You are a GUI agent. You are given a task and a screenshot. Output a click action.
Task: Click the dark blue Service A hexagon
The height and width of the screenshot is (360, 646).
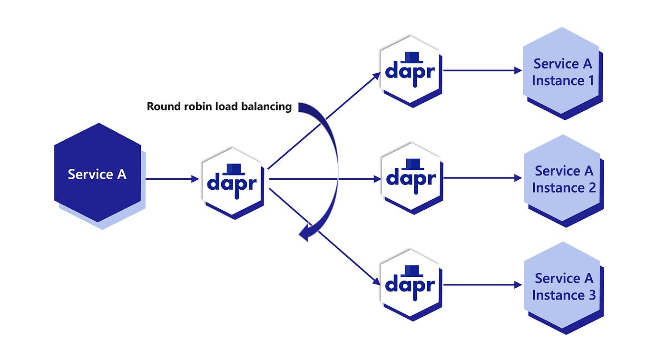97,173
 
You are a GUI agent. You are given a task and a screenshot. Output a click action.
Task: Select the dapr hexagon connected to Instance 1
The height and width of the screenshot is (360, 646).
410,71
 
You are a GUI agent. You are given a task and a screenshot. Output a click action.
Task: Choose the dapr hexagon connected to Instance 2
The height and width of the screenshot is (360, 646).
410,178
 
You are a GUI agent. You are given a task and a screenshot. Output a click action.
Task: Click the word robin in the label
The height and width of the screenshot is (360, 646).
195,107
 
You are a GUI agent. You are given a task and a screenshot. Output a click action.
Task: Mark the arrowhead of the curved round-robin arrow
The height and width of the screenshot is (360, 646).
304,233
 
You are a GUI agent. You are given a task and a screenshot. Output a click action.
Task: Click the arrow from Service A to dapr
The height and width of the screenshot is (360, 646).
171,179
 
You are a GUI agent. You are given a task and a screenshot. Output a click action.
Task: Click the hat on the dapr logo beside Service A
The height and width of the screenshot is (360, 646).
233,169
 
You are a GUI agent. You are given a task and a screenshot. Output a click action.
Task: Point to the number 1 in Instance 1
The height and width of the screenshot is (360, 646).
590,81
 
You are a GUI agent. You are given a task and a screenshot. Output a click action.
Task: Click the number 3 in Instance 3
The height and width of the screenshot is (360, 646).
591,295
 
